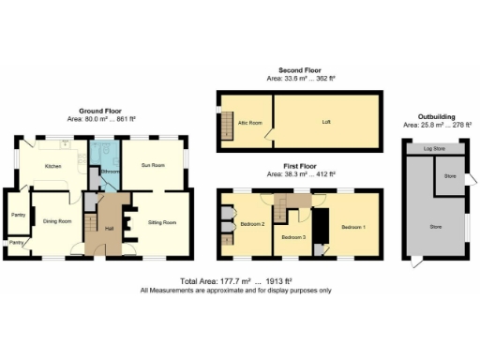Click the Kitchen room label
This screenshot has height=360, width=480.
[52, 167]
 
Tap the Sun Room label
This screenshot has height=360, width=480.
[153, 166]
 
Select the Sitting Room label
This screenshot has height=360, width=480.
[162, 222]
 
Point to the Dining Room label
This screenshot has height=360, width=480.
[59, 221]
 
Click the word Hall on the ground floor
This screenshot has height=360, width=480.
[110, 228]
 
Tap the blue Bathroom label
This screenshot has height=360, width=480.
[109, 172]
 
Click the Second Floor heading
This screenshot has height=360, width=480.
[300, 71]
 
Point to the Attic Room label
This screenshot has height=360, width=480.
[248, 121]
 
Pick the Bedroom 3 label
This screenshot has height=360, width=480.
[295, 237]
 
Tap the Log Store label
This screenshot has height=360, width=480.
[434, 149]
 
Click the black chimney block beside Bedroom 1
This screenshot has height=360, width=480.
[321, 227]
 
